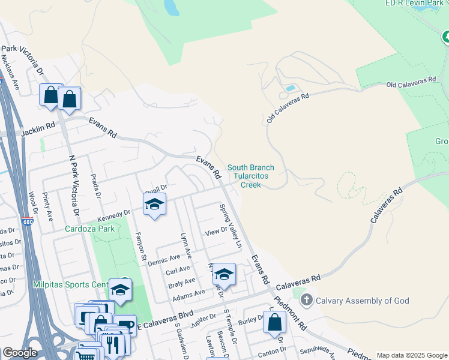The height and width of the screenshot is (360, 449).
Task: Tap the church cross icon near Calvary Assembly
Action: pos(306,300)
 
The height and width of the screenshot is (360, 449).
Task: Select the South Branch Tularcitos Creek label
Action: pos(251,176)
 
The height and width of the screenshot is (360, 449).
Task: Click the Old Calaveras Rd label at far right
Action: pos(411,82)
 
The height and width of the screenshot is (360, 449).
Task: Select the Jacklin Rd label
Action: pos(38,129)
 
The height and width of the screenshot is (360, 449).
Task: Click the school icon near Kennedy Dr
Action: pos(154,205)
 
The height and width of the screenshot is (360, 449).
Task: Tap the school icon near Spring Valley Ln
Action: pos(224,274)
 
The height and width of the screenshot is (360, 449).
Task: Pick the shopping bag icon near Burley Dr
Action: pos(274,322)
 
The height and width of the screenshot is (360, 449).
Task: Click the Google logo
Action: pos(20,353)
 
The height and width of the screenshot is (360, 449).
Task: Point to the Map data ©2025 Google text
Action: pos(412,355)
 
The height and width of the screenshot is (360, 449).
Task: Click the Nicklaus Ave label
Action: pos(10,73)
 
